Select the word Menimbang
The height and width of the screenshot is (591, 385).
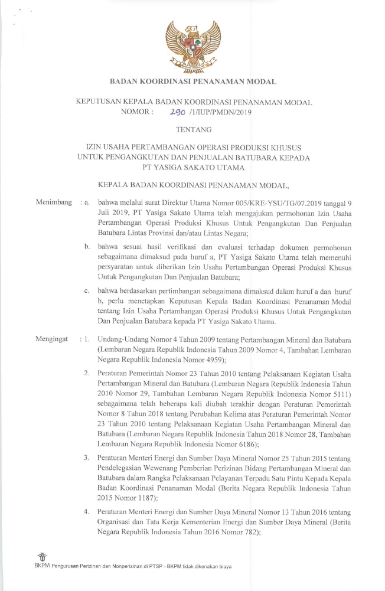[53, 203]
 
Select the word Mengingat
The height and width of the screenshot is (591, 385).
[53, 339]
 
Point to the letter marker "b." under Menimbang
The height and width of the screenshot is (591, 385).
[87, 246]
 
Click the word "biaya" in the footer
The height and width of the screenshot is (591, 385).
[222, 566]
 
